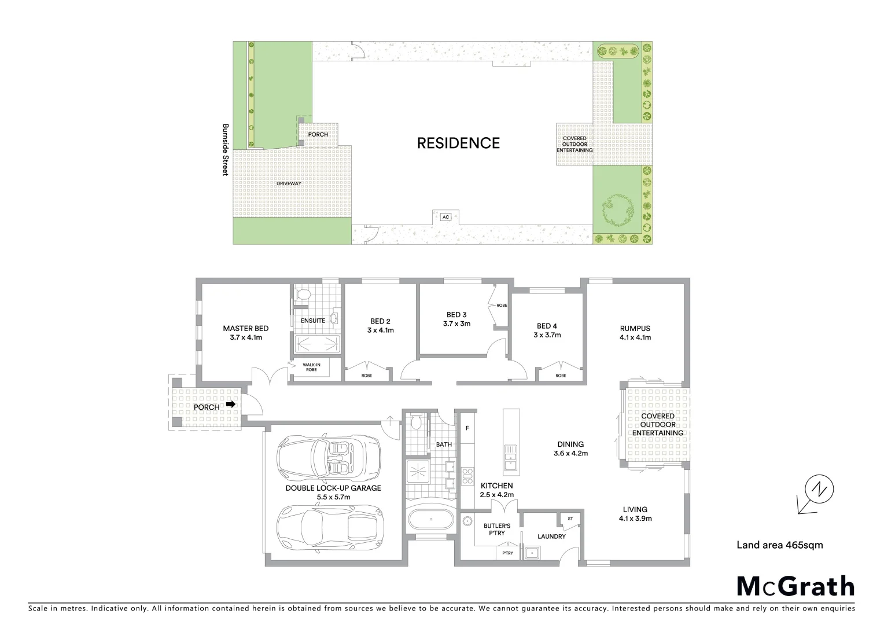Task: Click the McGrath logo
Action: coord(795,586)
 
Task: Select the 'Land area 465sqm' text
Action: coord(779,545)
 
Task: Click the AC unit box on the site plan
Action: coord(445,217)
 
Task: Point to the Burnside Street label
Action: coord(226,149)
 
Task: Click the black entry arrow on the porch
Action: coord(231,405)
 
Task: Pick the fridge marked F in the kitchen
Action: coord(467,429)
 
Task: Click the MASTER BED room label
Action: coord(245,328)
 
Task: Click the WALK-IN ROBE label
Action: coord(311,367)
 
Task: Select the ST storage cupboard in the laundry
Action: coord(569,519)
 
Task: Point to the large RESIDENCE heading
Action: coord(458,143)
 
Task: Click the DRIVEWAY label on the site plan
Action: coord(289,183)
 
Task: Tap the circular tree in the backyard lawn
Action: coord(614,211)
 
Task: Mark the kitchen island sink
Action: coord(510,455)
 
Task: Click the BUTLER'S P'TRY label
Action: coord(496,529)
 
